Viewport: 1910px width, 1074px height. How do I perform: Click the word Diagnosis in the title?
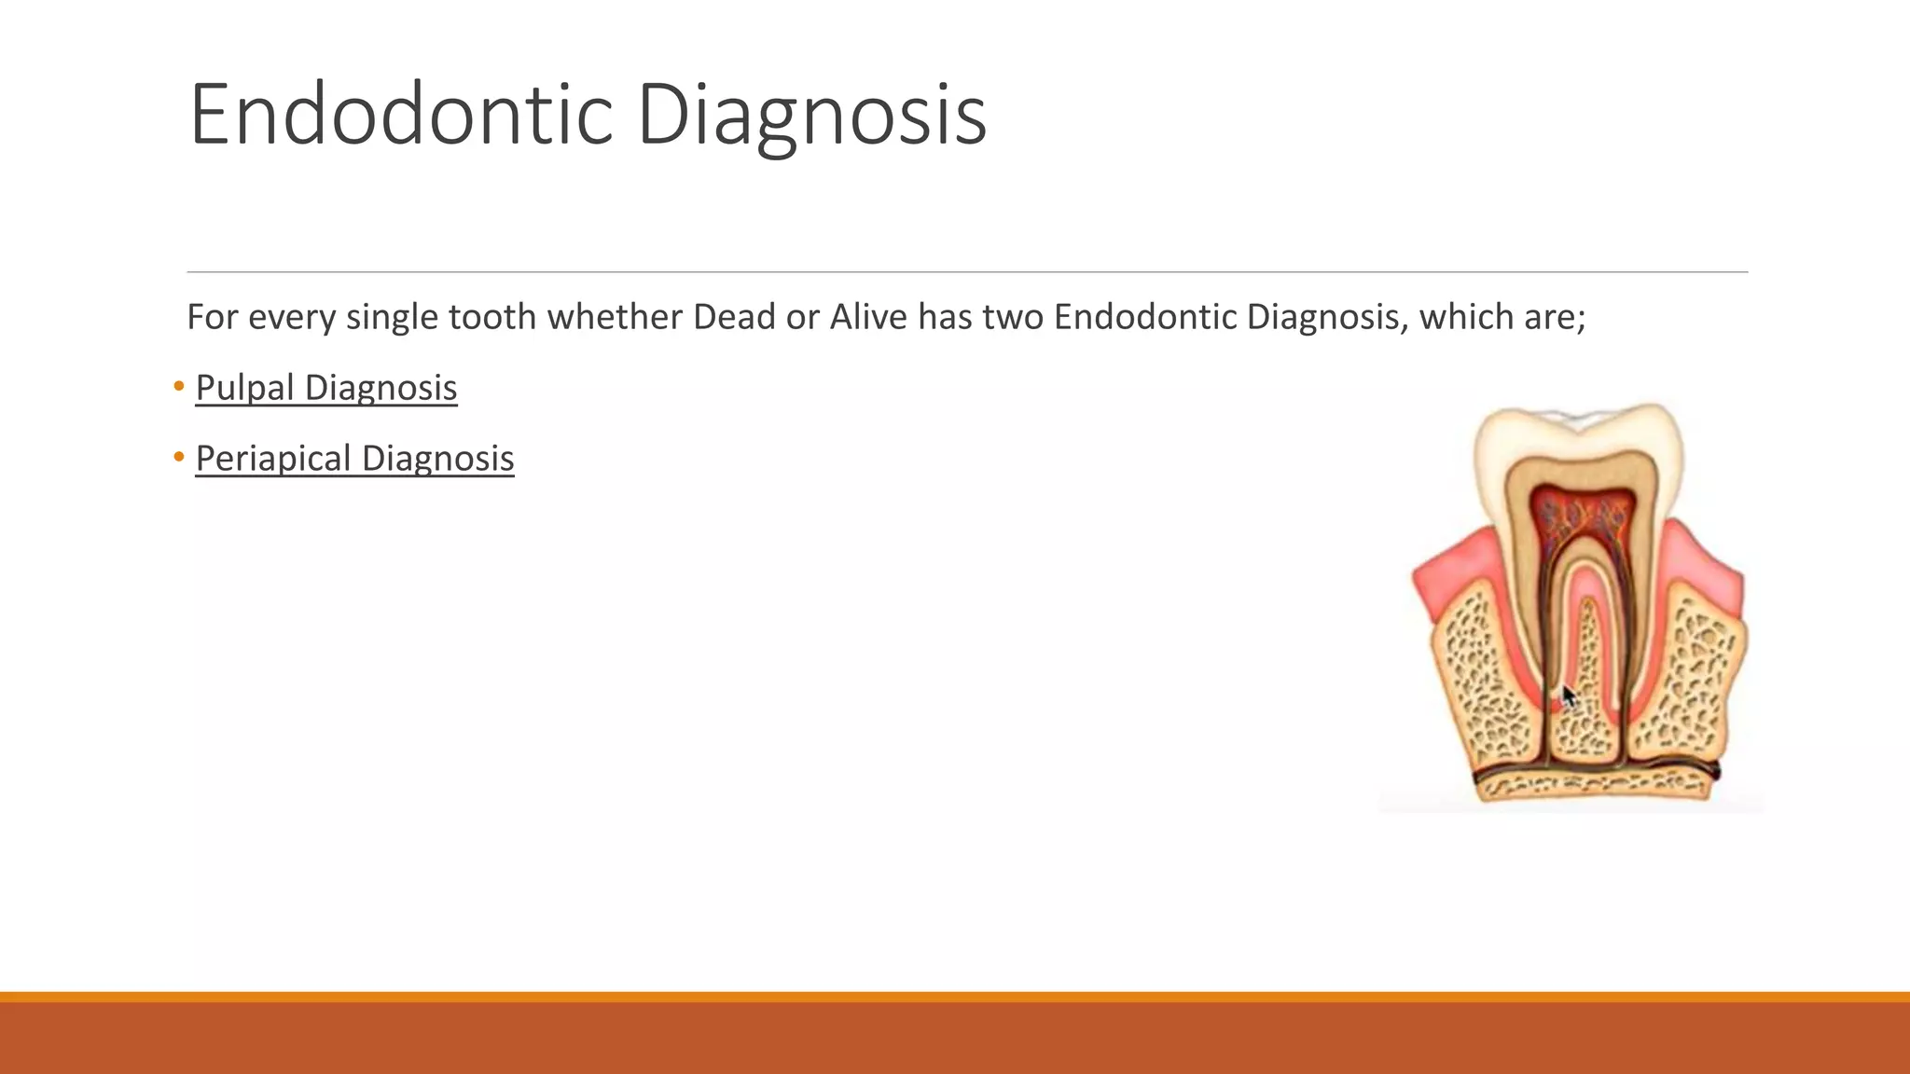coord(811,115)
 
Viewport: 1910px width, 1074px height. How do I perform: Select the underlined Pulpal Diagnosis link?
coord(325,388)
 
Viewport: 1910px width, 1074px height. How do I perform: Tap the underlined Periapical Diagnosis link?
coord(354,459)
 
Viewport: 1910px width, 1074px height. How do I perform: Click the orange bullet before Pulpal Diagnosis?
coord(179,386)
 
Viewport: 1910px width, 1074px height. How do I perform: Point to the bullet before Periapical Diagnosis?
coord(179,457)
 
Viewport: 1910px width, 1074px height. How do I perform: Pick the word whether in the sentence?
coord(615,317)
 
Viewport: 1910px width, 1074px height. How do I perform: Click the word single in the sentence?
coord(392,317)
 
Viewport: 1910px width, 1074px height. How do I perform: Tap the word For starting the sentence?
coord(213,317)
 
